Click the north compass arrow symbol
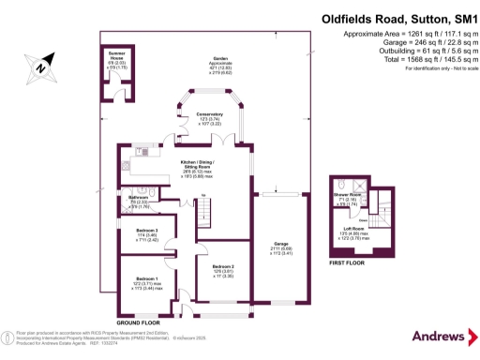[38, 66]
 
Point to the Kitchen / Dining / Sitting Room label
[197, 164]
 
